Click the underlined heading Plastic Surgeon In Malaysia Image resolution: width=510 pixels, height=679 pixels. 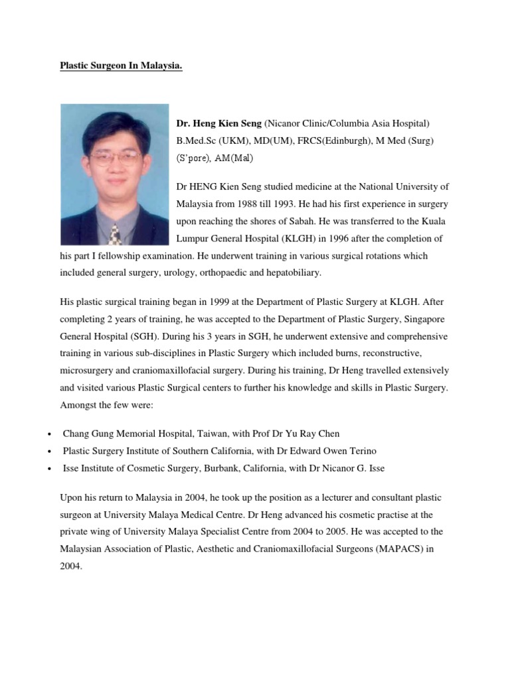(121, 66)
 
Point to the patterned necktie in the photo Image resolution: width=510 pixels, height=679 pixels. (116, 233)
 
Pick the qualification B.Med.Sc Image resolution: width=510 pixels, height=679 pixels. (197, 141)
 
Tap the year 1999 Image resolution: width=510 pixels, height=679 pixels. (203, 301)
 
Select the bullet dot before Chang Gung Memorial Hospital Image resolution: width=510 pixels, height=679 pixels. (50, 434)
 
